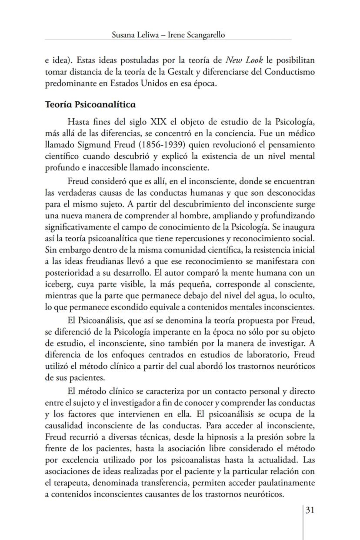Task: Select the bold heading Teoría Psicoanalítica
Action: [x=90, y=105]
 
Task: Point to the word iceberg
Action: [x=58, y=285]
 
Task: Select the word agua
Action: [x=258, y=296]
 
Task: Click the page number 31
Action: [x=310, y=510]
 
